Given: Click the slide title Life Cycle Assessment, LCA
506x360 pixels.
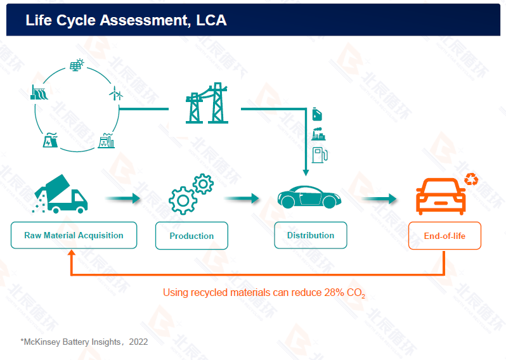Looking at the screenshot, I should (x=126, y=20).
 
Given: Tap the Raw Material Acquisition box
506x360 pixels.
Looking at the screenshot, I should (x=74, y=235).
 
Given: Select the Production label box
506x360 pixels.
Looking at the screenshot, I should (x=191, y=236).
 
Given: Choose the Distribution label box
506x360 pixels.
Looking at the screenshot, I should (x=310, y=235).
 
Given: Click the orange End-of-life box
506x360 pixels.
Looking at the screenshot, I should (x=444, y=236).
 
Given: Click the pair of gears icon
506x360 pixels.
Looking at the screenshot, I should (x=191, y=193).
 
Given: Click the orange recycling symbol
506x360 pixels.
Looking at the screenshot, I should (x=471, y=179).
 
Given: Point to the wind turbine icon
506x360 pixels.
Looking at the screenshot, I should (x=116, y=95).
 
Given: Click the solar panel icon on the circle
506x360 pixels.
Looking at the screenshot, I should (x=77, y=65).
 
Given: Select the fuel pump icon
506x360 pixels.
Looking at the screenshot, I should (x=319, y=155).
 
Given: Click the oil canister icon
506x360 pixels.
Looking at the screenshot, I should (x=318, y=114).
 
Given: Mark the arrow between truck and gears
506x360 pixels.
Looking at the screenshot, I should (x=122, y=199).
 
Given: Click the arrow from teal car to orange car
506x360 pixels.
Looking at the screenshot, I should (x=379, y=199).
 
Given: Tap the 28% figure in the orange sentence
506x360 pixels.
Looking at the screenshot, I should (x=334, y=293).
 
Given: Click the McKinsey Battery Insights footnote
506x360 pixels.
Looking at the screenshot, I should (x=84, y=342).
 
